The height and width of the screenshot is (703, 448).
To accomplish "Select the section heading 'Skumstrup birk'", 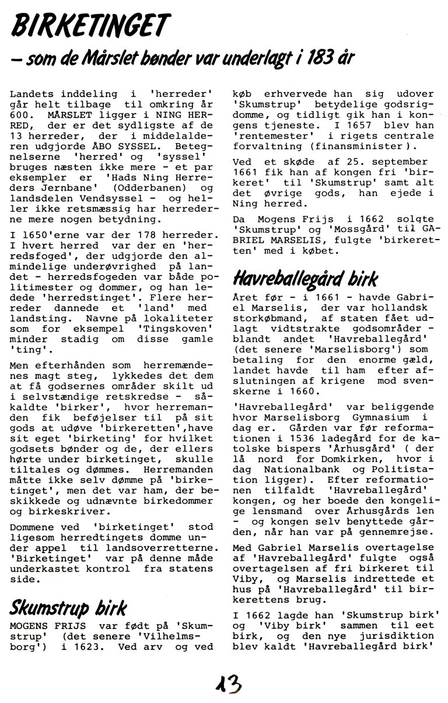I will [68, 609].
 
